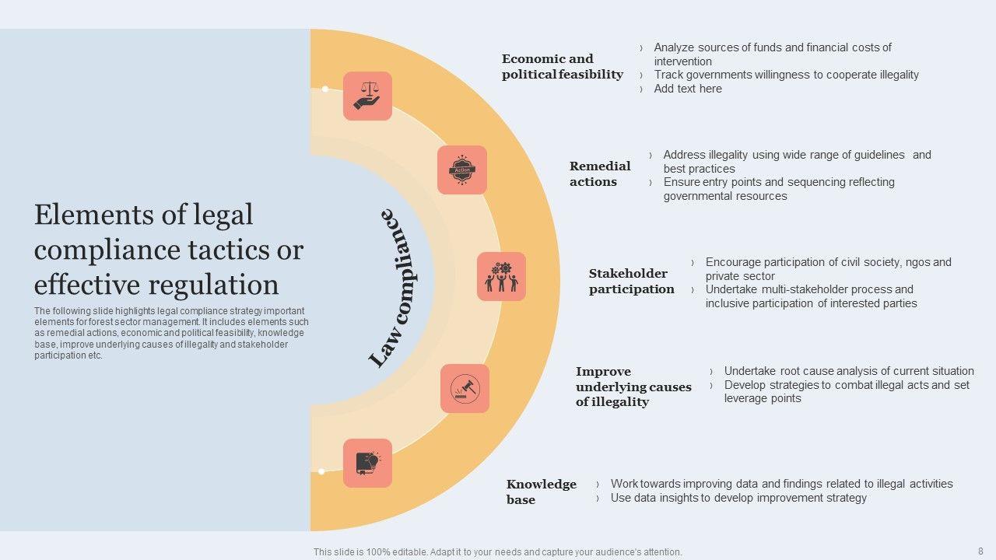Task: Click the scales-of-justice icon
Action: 367,96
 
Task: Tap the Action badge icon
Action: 462,170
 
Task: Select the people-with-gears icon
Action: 501,276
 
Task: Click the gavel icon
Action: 465,388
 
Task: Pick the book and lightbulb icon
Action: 367,463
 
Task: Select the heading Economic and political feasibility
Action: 562,67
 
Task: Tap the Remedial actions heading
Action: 600,174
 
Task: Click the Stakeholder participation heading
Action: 631,282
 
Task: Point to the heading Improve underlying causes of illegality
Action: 633,387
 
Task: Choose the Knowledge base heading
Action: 541,492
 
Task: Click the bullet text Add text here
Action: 688,89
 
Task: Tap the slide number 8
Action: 980,551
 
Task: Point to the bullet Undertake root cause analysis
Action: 849,371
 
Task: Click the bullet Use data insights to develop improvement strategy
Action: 738,498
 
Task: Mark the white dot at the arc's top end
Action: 325,89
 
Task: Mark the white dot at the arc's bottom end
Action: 321,471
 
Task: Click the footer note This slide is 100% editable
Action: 497,552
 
